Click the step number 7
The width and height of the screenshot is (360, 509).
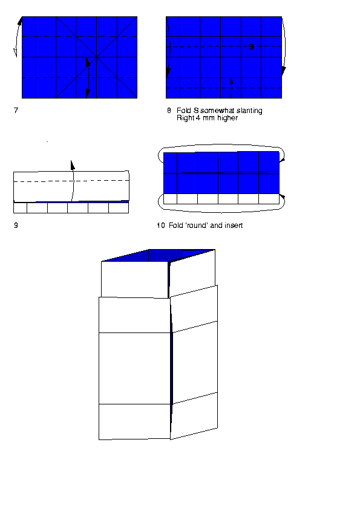pyautogui.click(x=16, y=111)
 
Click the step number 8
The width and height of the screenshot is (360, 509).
pyautogui.click(x=169, y=111)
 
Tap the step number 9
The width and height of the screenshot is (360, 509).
pyautogui.click(x=16, y=225)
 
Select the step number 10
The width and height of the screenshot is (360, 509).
pyautogui.click(x=161, y=225)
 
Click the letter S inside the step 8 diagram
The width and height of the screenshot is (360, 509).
pyautogui.click(x=251, y=47)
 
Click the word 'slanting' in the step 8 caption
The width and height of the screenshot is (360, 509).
pyautogui.click(x=249, y=111)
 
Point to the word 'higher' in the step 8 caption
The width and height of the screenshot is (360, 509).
pyautogui.click(x=227, y=118)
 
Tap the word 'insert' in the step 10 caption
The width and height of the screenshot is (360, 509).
pyautogui.click(x=234, y=225)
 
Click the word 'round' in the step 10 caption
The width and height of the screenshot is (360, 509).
pyautogui.click(x=197, y=225)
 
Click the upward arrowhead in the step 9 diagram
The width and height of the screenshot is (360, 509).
pyautogui.click(x=73, y=165)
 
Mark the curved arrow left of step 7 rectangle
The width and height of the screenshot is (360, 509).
pyautogui.click(x=18, y=37)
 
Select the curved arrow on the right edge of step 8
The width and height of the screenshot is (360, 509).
pyautogui.click(x=284, y=45)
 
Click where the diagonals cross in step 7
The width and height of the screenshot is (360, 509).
pyautogui.click(x=96, y=57)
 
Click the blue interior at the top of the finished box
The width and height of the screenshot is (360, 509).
pyautogui.click(x=159, y=255)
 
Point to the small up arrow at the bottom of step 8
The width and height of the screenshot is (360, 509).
pyautogui.click(x=232, y=88)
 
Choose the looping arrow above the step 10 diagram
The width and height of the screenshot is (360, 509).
pyautogui.click(x=221, y=144)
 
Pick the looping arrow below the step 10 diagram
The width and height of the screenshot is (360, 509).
pyautogui.click(x=221, y=212)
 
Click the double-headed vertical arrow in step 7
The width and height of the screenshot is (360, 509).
pyautogui.click(x=88, y=77)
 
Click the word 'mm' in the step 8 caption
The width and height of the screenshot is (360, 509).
pyautogui.click(x=209, y=118)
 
